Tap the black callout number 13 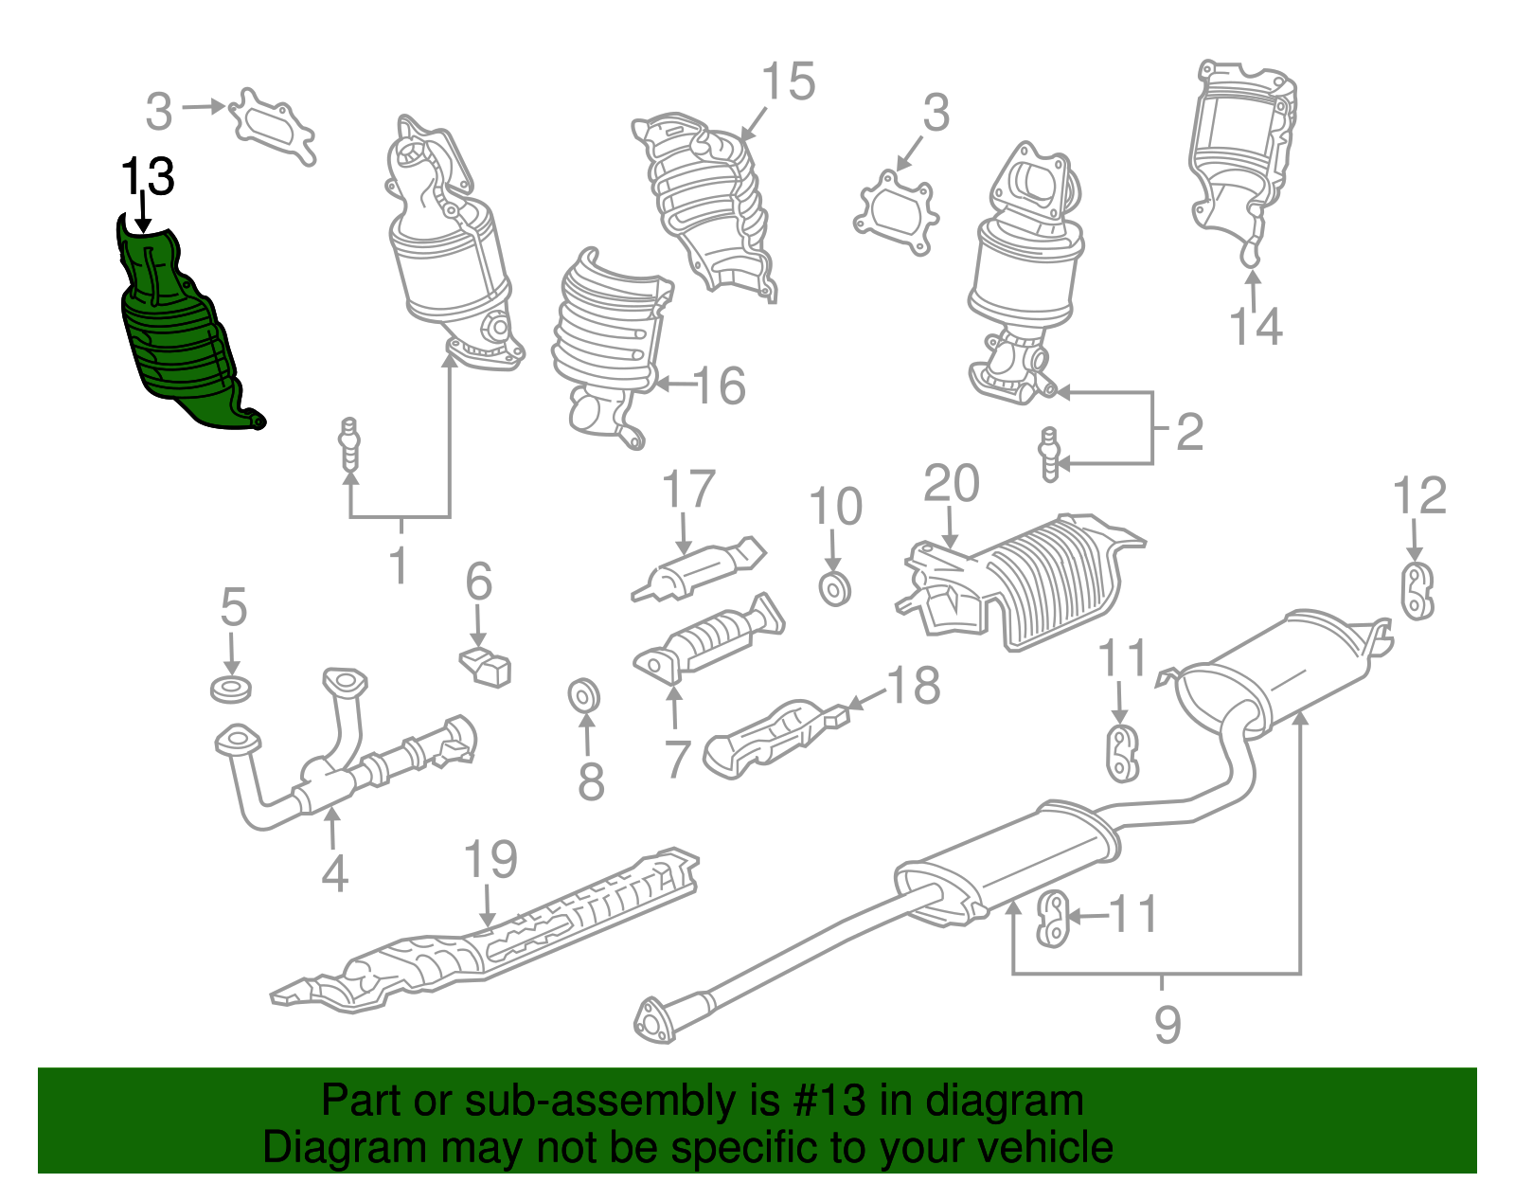pyautogui.click(x=149, y=177)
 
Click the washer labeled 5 pyautogui.click(x=230, y=689)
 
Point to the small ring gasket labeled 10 pyautogui.click(x=834, y=588)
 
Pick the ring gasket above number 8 pyautogui.click(x=583, y=696)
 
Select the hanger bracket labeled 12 pyautogui.click(x=1417, y=591)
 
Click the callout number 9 pyautogui.click(x=1167, y=1025)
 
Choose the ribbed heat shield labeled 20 pyautogui.click(x=1032, y=583)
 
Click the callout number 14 pyautogui.click(x=1256, y=327)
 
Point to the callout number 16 pyautogui.click(x=720, y=385)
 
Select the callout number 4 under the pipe pyautogui.click(x=334, y=872)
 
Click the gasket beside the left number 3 pyautogui.click(x=273, y=127)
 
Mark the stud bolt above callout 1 pyautogui.click(x=349, y=444)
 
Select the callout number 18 pyautogui.click(x=914, y=685)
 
